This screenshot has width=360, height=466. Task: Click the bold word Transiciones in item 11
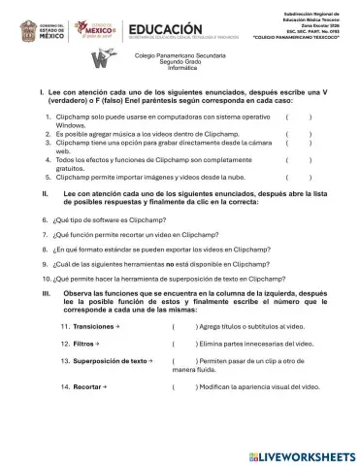[93, 327]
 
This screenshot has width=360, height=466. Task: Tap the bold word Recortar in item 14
[88, 386]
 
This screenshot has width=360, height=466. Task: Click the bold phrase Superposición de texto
[112, 360]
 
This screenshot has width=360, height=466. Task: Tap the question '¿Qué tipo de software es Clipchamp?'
[112, 220]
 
